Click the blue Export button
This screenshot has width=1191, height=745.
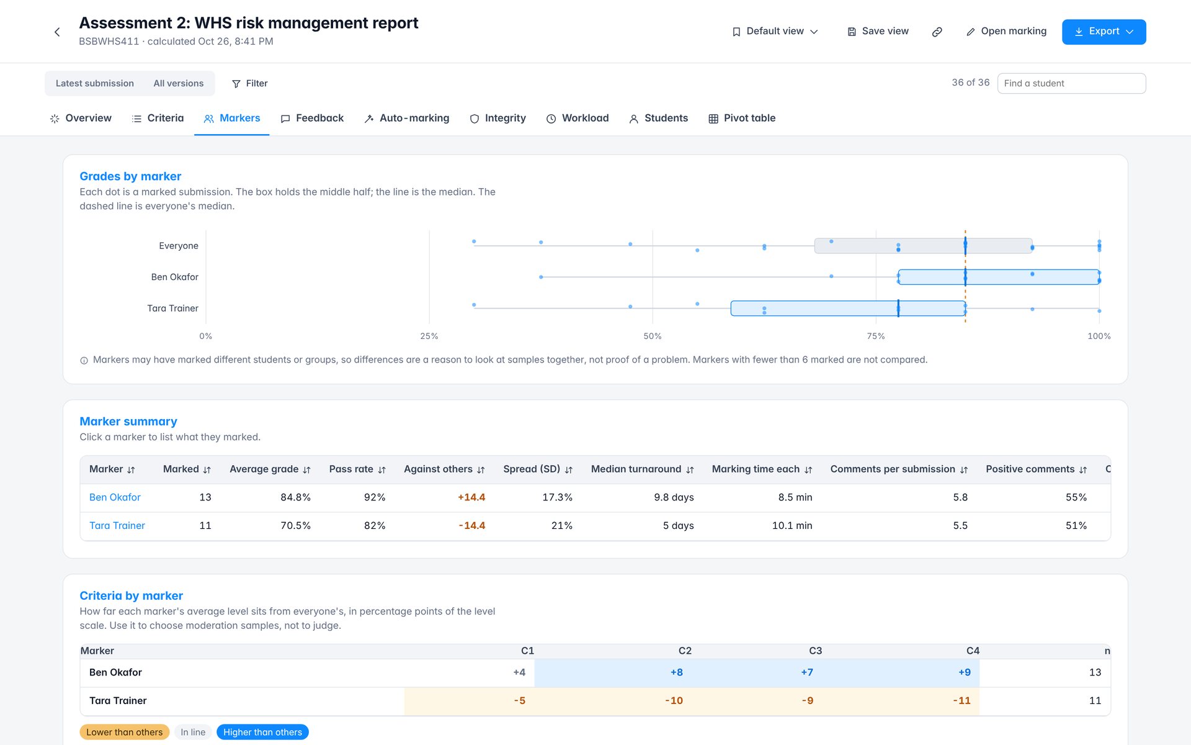tap(1104, 32)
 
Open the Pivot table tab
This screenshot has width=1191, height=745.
tap(742, 118)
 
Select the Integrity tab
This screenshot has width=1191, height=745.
tap(497, 118)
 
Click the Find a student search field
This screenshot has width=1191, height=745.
tap(1071, 83)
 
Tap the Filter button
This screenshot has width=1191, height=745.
tap(249, 83)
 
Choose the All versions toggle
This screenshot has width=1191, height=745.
tap(179, 83)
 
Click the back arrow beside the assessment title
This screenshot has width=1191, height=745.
tap(57, 32)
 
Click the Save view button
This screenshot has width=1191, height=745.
tap(878, 31)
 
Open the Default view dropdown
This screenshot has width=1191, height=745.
tap(775, 31)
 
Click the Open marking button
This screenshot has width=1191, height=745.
tap(1006, 31)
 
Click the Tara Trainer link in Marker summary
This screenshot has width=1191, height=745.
tap(117, 525)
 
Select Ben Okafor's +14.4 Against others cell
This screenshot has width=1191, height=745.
tap(471, 497)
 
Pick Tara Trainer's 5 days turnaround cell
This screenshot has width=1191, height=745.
tap(678, 525)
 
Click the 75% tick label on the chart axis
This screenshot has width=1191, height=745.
tap(876, 336)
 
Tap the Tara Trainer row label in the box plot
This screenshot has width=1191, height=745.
tap(173, 308)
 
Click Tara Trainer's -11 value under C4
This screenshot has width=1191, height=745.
tap(961, 700)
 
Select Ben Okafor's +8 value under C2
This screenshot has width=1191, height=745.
tap(677, 672)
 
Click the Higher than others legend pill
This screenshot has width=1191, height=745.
tap(262, 732)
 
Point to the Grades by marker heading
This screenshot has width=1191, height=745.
tap(130, 176)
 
